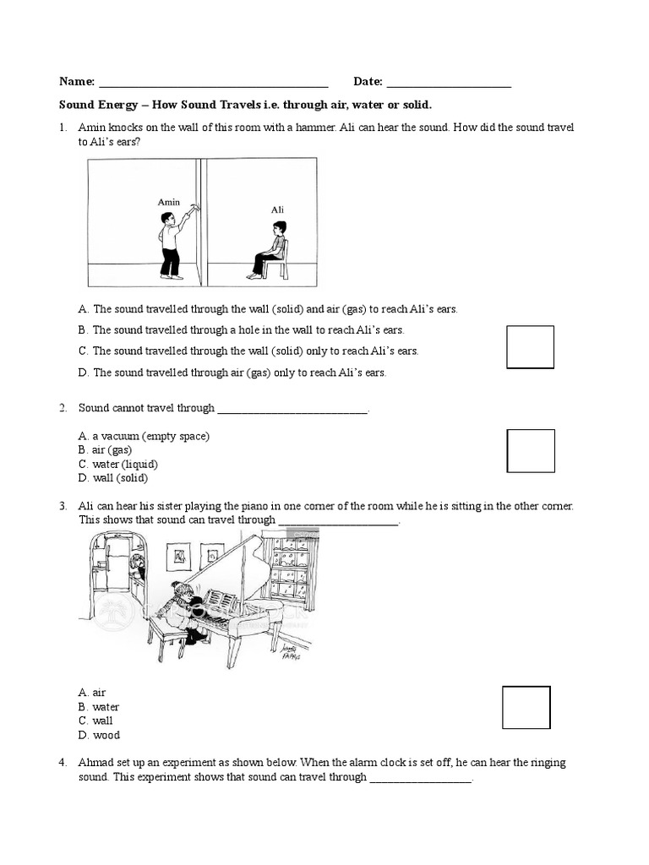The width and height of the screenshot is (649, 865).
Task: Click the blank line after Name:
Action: point(213,84)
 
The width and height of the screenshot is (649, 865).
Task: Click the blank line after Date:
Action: point(448,84)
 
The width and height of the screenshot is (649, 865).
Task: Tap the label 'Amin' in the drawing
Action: point(169,202)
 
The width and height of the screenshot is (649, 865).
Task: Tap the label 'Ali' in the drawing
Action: point(277,209)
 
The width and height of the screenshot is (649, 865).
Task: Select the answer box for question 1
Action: point(530,347)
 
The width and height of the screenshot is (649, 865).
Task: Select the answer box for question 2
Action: point(530,451)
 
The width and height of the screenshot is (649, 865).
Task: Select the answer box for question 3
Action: point(526,707)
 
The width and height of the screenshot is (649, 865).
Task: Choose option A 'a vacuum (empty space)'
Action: point(144,436)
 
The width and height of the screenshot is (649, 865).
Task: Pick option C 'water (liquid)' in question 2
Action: point(118,464)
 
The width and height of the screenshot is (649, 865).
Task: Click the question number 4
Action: point(63,763)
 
